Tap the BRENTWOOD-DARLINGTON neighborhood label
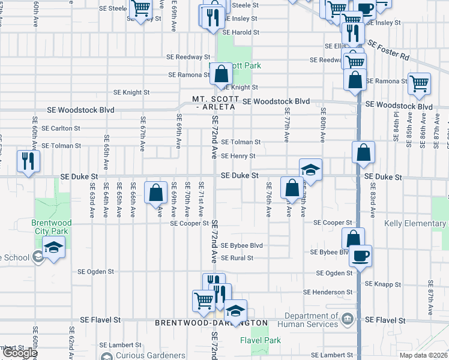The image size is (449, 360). point(211,323)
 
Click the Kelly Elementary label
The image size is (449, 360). point(415,224)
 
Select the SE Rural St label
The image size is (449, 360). point(237,258)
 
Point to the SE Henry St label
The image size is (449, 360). point(238,156)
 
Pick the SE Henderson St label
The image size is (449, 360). point(328,292)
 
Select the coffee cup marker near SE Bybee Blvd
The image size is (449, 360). point(360,256)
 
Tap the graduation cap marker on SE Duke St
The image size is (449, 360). point(310,170)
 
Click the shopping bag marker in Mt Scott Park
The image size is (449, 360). point(221,74)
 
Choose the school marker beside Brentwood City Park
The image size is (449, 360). point(53,248)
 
